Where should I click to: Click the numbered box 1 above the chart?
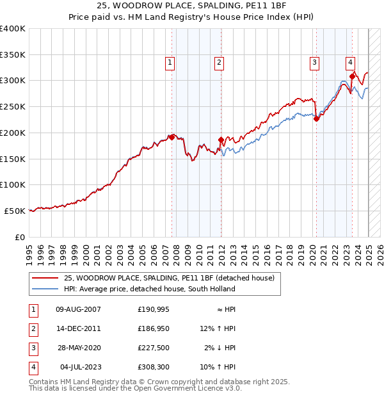click(170, 62)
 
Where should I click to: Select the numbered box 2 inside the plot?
click(219, 62)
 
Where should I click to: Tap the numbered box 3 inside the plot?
click(315, 62)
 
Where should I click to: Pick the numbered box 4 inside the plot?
click(351, 62)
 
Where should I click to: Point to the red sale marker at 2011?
click(221, 140)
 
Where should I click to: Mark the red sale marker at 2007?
click(172, 137)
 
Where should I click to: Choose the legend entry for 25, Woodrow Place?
click(169, 278)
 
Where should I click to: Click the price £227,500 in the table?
click(153, 348)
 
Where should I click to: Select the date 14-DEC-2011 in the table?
click(79, 328)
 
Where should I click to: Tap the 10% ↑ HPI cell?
click(218, 367)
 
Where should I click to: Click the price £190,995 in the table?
click(153, 309)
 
